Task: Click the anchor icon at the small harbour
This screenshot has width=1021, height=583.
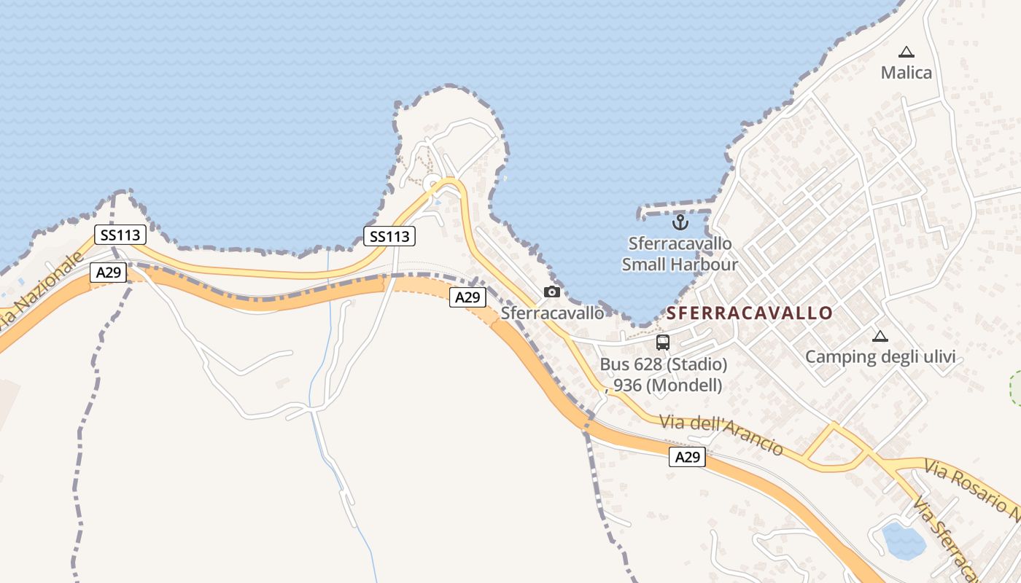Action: click(x=680, y=222)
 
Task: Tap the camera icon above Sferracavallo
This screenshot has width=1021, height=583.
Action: click(x=552, y=291)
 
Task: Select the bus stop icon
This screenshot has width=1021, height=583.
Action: click(x=663, y=343)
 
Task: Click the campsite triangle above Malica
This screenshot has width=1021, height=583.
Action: click(x=907, y=52)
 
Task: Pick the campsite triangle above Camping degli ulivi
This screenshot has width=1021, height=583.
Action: click(x=880, y=336)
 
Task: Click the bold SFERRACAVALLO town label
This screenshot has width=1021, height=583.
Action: click(x=749, y=313)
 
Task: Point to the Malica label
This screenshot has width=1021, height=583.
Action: click(x=907, y=73)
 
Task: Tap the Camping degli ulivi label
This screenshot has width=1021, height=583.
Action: click(x=880, y=357)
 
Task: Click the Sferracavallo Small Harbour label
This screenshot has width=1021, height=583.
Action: click(x=680, y=254)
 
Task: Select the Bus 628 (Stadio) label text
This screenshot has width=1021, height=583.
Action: click(x=663, y=364)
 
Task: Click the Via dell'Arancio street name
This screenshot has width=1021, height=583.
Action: click(x=721, y=434)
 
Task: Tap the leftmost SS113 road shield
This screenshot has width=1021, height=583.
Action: click(x=120, y=235)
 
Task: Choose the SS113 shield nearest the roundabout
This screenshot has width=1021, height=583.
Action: click(x=389, y=236)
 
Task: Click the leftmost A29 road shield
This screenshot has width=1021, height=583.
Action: click(x=109, y=273)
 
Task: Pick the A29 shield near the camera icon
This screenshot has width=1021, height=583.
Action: click(x=467, y=297)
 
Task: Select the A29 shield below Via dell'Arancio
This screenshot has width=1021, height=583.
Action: click(x=687, y=457)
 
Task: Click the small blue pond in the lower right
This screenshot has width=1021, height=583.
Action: click(x=904, y=540)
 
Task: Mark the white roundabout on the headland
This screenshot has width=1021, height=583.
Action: click(x=432, y=182)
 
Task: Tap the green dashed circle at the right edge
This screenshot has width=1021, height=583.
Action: click(x=1016, y=388)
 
